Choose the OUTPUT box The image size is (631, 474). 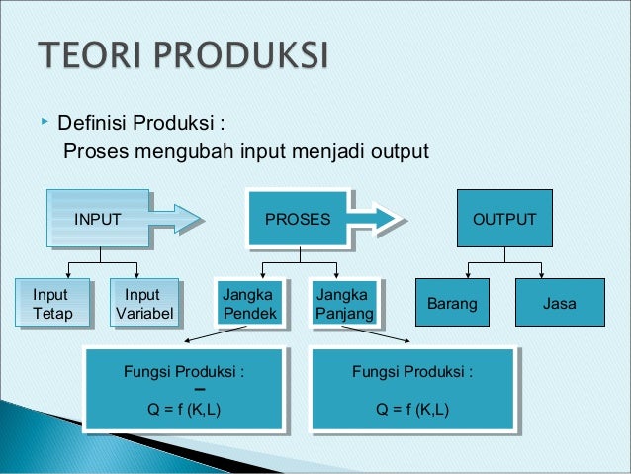point(504,219)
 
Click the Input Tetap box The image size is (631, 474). point(50,304)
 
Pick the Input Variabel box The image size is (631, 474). point(143,304)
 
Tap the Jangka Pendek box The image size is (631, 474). point(247,304)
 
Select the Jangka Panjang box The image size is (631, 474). point(342,304)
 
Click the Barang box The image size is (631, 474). point(451,304)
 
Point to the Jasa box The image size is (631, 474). point(560,304)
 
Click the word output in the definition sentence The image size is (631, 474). point(399,152)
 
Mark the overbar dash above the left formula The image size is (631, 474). point(184,389)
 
